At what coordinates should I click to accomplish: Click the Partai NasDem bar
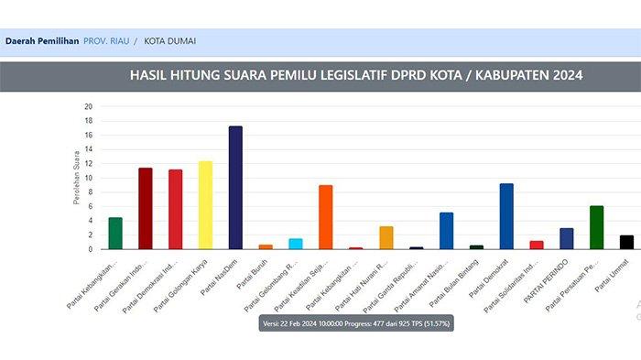click(235, 188)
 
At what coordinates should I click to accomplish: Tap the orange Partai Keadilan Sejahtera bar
click(326, 217)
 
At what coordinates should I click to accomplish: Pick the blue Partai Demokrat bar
click(506, 216)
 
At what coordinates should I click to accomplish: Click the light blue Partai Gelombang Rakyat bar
click(296, 244)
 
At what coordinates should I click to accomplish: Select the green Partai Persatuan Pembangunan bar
click(596, 227)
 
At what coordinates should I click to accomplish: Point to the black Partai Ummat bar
click(626, 242)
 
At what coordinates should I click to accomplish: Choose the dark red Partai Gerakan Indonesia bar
click(145, 208)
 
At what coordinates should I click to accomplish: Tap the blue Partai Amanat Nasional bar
click(446, 231)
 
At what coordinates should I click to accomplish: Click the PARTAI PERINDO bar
click(567, 238)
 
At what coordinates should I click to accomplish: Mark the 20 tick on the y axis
click(89, 106)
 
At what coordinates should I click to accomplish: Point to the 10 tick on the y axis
click(89, 178)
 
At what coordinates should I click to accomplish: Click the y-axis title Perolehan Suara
click(77, 178)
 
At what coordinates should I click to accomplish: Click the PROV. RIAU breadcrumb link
click(106, 41)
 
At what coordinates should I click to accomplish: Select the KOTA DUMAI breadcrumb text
click(169, 41)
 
